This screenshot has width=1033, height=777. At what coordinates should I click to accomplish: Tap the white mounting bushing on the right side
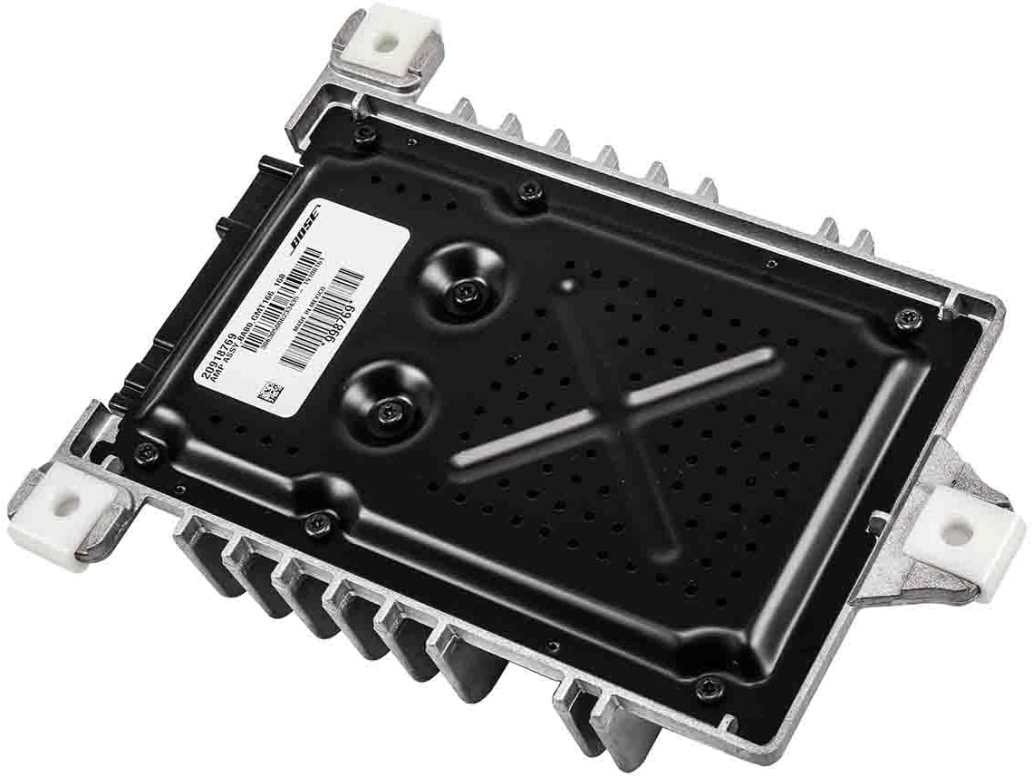pyautogui.click(x=958, y=529)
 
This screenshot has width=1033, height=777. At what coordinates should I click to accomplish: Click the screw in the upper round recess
pyautogui.click(x=466, y=291)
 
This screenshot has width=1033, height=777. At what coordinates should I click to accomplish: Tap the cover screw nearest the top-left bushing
pyautogui.click(x=363, y=135)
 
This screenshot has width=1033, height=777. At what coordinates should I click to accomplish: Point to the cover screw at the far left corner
pyautogui.click(x=147, y=451)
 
